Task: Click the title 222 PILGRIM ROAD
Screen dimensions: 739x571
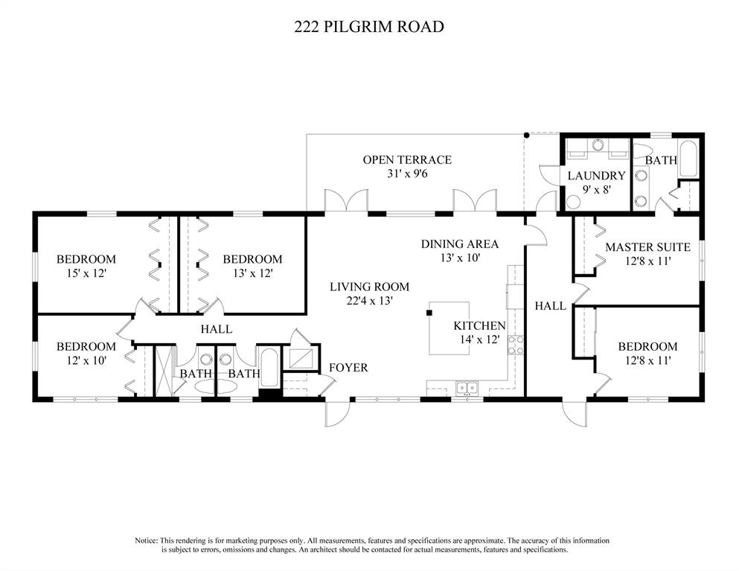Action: (369, 26)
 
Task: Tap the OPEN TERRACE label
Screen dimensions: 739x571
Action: (407, 160)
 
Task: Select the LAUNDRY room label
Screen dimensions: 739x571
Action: (596, 176)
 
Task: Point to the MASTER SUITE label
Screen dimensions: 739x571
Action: (647, 247)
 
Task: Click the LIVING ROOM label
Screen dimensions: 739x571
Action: (369, 287)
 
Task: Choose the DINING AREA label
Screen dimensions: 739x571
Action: (459, 243)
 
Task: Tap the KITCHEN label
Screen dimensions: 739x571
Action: (479, 326)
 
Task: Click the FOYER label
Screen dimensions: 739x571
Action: (348, 368)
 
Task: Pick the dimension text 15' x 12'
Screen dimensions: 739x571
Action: (86, 273)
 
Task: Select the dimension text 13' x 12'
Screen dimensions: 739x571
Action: (253, 273)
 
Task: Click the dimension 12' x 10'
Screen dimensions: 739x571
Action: (86, 361)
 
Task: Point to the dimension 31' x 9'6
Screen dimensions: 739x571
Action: (407, 173)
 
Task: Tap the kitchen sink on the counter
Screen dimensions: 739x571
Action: (467, 388)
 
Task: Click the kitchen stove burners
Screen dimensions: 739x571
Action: (515, 345)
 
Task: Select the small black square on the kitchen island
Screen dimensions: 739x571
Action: (429, 312)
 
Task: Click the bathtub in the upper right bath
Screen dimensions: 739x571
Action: (688, 159)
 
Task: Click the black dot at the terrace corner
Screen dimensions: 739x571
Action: (526, 135)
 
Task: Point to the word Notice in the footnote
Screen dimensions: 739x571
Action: (146, 540)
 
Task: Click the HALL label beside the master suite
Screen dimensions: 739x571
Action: (551, 306)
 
